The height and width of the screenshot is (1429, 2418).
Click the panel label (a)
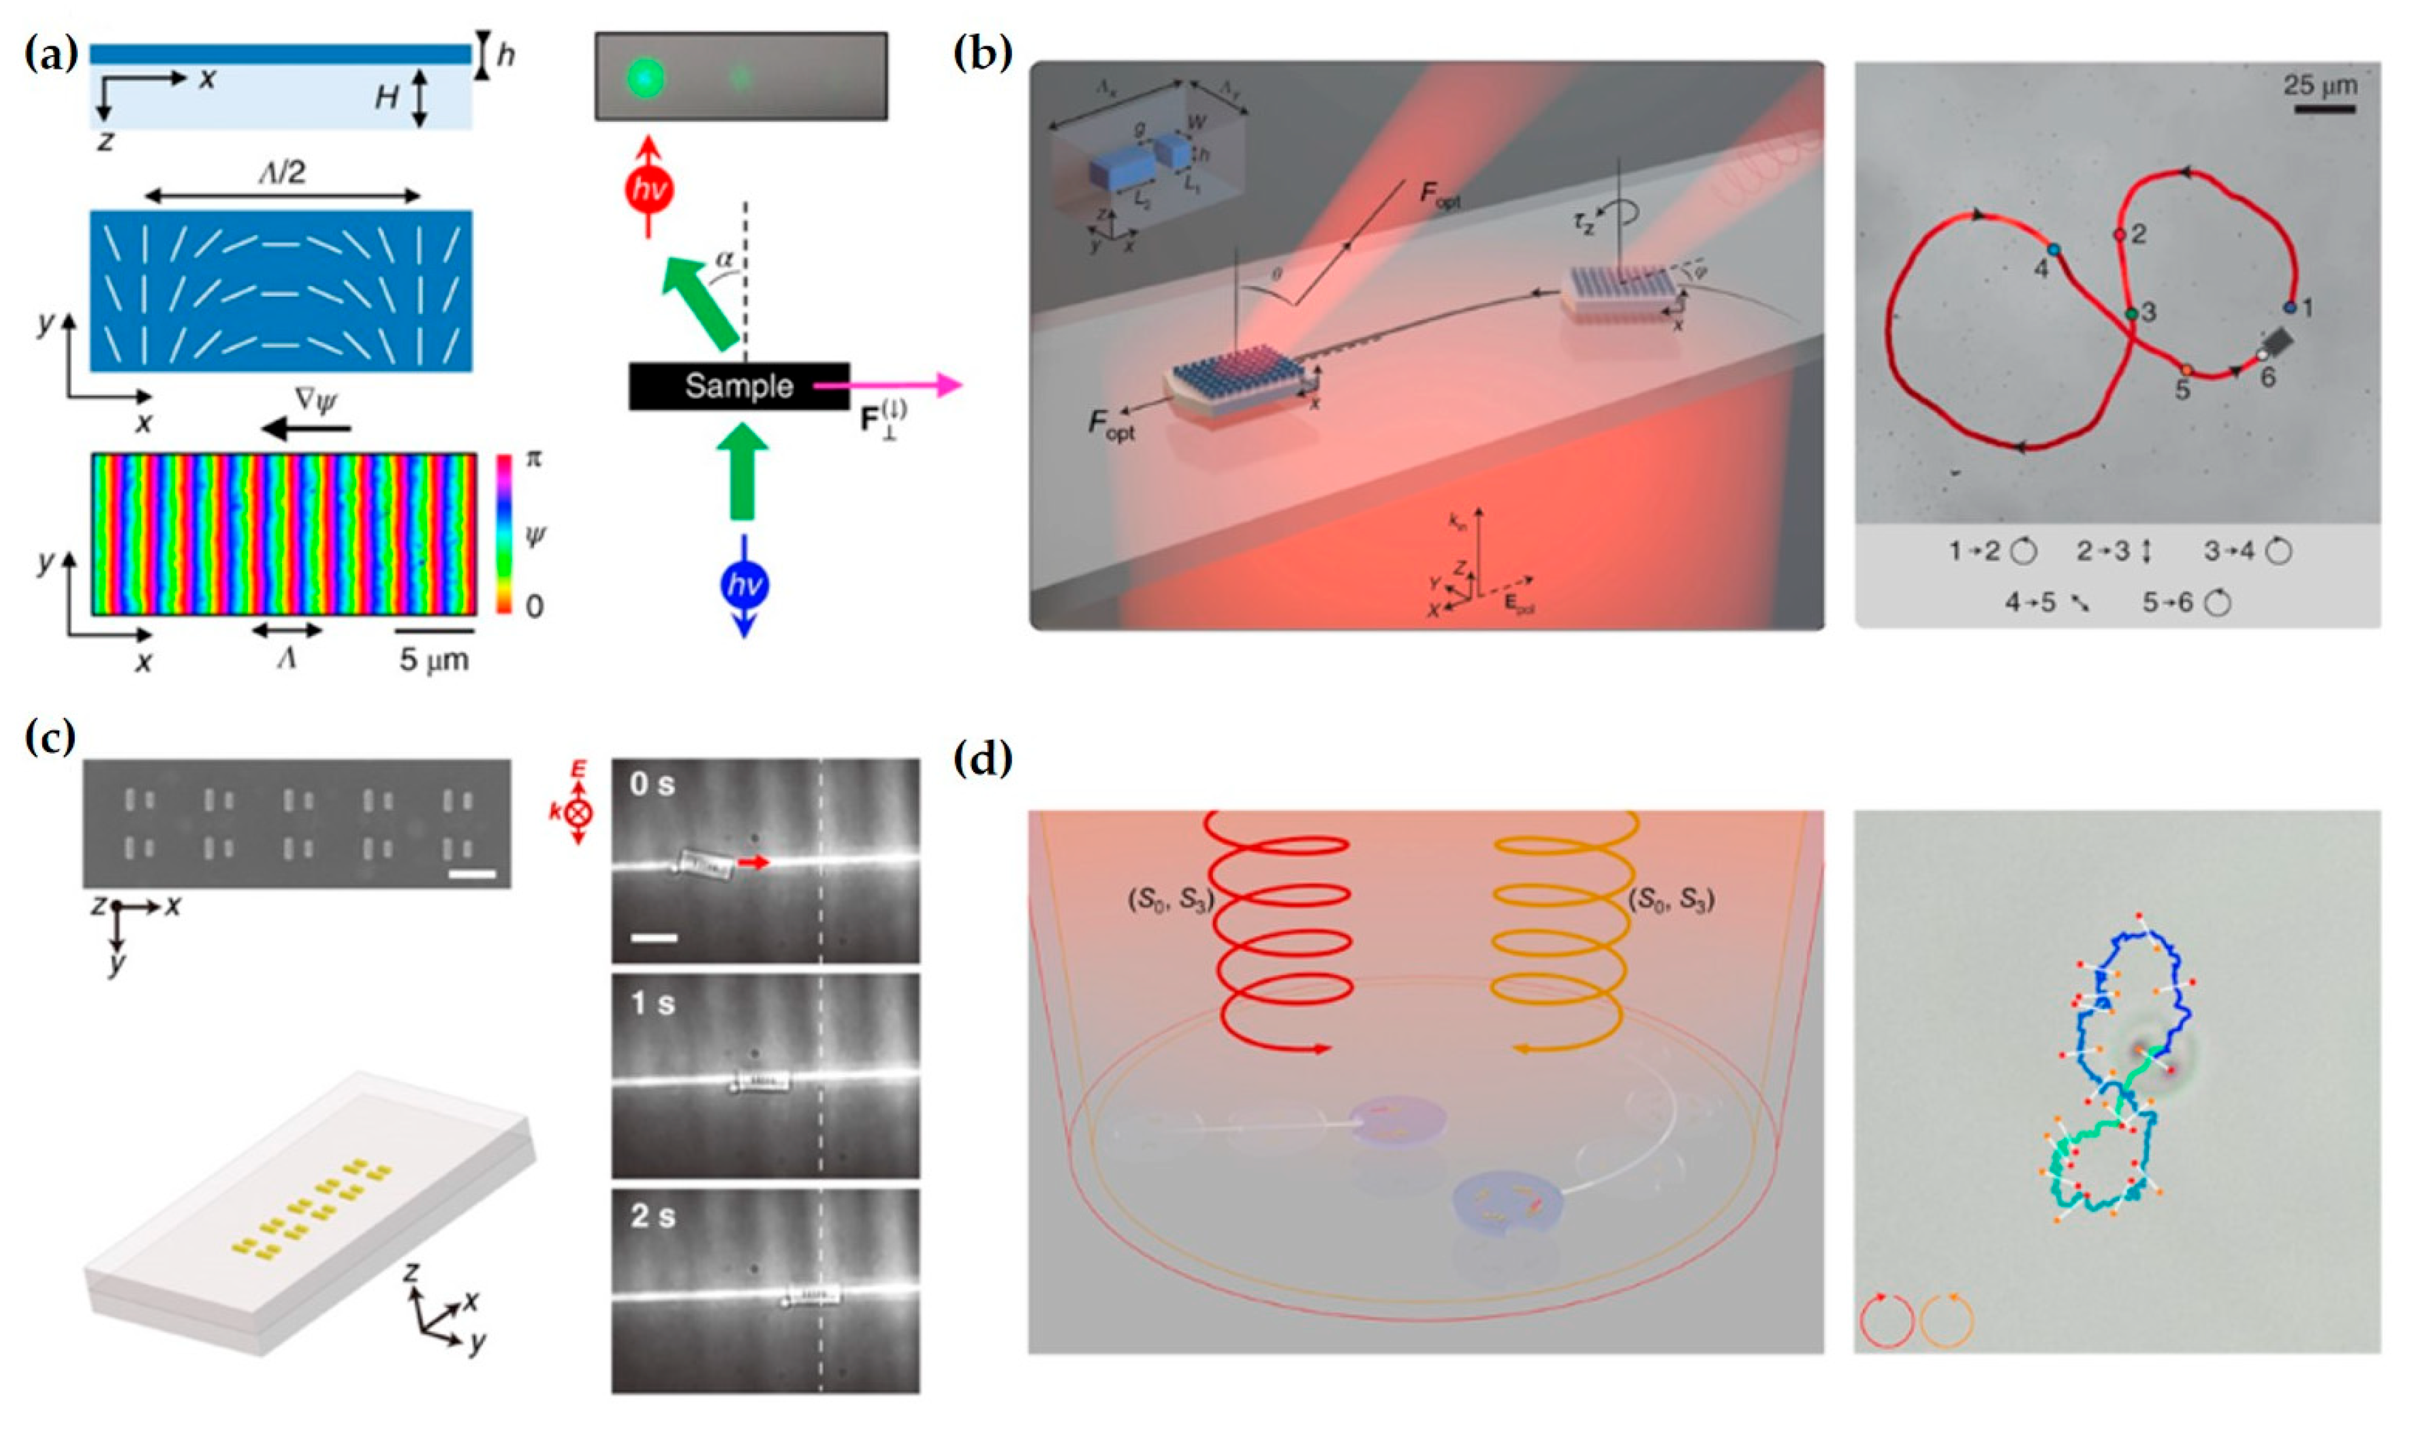(x=50, y=56)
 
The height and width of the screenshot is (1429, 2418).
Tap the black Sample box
(x=739, y=386)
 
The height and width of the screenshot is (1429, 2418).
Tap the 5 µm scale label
(x=435, y=660)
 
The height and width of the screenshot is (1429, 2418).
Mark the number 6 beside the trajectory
(x=2267, y=377)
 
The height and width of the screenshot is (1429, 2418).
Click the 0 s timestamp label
(x=653, y=785)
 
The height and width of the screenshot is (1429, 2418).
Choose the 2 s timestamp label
(x=653, y=1216)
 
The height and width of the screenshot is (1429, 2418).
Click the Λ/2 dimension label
(x=282, y=174)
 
